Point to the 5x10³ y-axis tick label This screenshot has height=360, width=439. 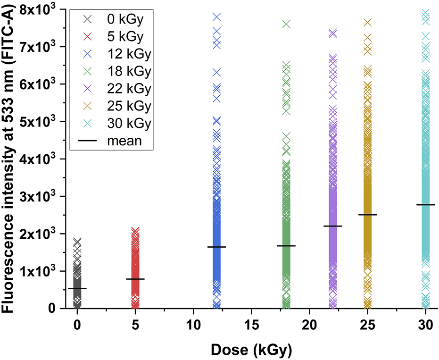[36, 121]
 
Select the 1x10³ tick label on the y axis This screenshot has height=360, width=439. [36, 271]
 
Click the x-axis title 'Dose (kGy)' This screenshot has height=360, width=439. [251, 350]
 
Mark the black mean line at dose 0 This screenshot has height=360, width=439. [77, 288]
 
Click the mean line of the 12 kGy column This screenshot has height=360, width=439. [217, 247]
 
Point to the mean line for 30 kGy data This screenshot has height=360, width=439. [425, 205]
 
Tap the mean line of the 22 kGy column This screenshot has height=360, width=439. [332, 226]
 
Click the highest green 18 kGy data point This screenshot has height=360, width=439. [286, 24]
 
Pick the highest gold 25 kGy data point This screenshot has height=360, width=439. [367, 22]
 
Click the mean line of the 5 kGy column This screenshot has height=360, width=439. [135, 279]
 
